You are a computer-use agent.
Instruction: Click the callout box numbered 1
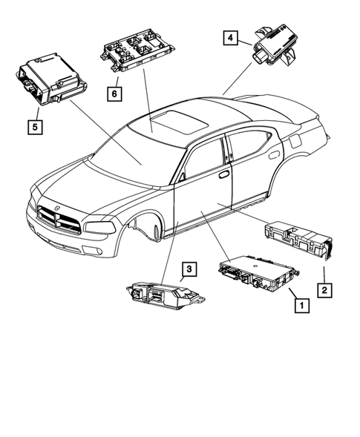tap(301, 303)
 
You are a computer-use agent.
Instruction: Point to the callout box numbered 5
tap(34, 126)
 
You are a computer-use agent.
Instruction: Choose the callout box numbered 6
tap(114, 93)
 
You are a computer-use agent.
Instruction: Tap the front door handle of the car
tap(223, 174)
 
